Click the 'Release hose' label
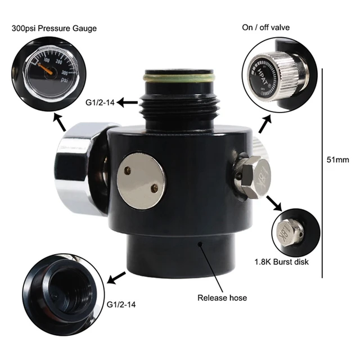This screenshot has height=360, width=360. click(x=222, y=298)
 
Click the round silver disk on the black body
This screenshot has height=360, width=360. click(x=142, y=181)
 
